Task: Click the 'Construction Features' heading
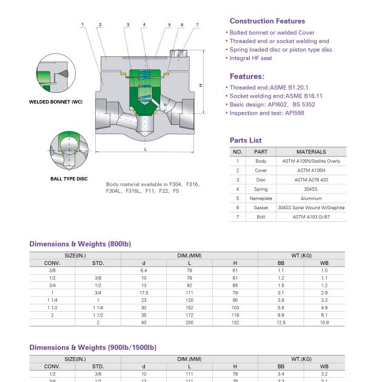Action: (x=267, y=21)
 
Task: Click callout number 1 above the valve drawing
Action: (x=82, y=25)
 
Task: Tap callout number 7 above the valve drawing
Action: (x=197, y=25)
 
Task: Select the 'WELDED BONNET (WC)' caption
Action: (x=56, y=102)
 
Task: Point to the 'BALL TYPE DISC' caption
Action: (x=69, y=179)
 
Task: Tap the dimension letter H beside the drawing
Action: (x=201, y=85)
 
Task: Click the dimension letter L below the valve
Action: (x=146, y=149)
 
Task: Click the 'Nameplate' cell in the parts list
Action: (x=261, y=198)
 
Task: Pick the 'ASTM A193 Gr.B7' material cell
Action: (x=311, y=216)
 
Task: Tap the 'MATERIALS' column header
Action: (x=311, y=152)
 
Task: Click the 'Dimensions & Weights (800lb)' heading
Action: (x=80, y=244)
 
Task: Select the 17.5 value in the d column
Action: (x=144, y=293)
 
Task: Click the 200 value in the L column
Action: (x=189, y=323)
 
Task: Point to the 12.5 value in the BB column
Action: (x=281, y=323)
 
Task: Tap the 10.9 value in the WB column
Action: (x=324, y=323)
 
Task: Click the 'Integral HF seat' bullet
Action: (x=250, y=58)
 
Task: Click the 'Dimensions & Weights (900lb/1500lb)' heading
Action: (x=93, y=347)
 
